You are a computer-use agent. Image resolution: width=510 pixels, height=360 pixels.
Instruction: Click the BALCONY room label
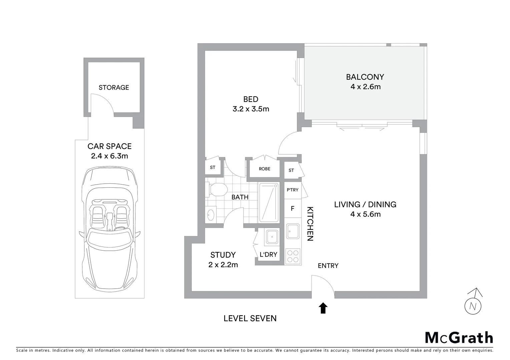tap(365, 77)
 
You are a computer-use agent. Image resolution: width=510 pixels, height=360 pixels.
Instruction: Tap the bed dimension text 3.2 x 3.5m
tap(251, 109)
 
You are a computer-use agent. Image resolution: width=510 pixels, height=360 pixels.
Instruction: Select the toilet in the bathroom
tap(215, 190)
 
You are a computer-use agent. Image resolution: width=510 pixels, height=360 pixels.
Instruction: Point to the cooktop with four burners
tap(293, 256)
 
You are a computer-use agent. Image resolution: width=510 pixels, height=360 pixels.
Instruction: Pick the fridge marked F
tap(293, 209)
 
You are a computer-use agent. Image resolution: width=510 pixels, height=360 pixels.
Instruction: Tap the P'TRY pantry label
tap(293, 190)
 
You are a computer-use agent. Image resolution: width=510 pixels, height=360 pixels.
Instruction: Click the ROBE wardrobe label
tap(265, 169)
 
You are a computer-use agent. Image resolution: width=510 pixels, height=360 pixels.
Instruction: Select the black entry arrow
tap(323, 308)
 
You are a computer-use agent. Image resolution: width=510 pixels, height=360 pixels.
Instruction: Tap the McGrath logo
tap(459, 338)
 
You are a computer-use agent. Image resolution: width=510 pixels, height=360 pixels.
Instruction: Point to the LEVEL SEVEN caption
tap(250, 318)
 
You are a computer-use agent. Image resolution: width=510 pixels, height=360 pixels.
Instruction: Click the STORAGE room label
tap(114, 88)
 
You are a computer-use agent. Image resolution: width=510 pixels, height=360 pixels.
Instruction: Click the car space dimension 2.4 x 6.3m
tap(109, 156)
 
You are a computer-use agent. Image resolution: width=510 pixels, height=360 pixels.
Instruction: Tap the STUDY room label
tap(223, 255)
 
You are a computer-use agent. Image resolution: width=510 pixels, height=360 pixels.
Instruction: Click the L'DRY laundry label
tap(269, 255)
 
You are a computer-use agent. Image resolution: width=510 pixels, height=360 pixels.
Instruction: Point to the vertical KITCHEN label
tap(310, 224)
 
